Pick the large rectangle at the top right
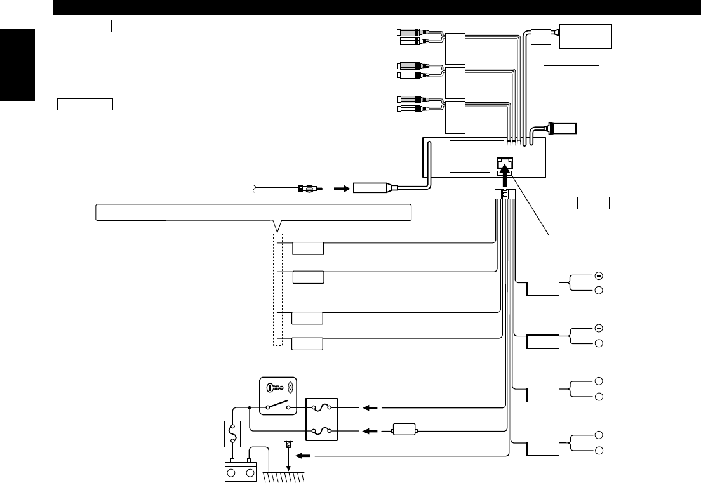click(x=585, y=36)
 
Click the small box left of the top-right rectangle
click(x=540, y=37)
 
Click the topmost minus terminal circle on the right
click(x=598, y=275)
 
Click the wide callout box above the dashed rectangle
click(x=253, y=212)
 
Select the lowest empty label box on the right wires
click(x=544, y=449)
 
